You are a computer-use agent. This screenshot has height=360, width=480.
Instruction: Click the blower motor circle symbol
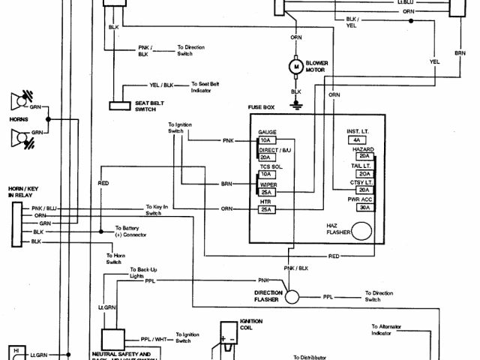[x=295, y=67]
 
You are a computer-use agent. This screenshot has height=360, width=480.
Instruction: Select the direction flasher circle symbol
[x=291, y=297]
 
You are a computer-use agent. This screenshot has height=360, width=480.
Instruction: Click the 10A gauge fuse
[x=266, y=139]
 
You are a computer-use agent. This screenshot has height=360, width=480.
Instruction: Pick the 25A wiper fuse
[x=266, y=193]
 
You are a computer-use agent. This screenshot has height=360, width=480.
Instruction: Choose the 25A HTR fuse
[x=266, y=210]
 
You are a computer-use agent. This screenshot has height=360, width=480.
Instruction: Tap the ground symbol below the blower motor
[x=295, y=106]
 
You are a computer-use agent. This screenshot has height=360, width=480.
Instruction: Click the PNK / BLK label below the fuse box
[x=295, y=267]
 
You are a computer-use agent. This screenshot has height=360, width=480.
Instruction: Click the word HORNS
[x=17, y=119]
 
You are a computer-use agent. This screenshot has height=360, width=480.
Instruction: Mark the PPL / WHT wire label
[x=152, y=337]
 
